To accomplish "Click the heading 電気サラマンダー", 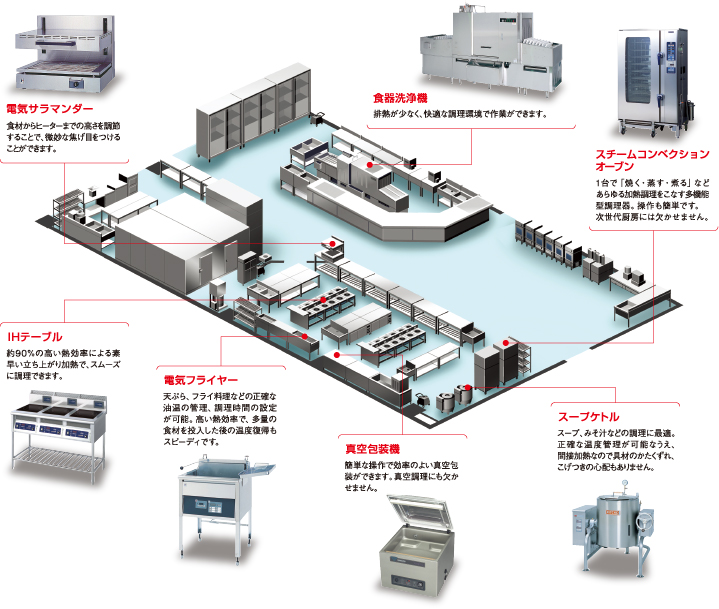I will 50,107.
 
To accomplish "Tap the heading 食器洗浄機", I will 400,98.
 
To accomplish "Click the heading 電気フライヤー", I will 201,380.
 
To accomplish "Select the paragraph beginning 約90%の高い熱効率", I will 64,365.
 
